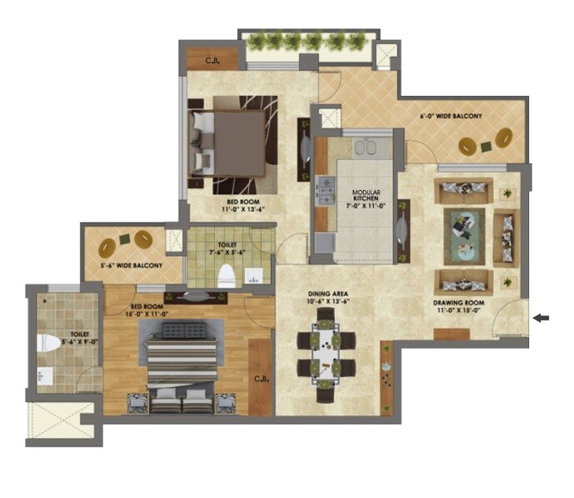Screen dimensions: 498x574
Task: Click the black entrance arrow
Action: (541, 317)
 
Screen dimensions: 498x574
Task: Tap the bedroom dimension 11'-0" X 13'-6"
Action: (244, 209)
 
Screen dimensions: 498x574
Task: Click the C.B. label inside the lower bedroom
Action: (260, 379)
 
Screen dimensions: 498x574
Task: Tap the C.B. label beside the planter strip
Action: (202, 60)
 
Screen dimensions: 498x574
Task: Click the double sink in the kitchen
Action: (365, 148)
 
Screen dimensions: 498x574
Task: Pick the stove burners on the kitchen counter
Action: (322, 191)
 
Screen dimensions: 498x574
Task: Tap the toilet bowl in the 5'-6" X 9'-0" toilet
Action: (48, 343)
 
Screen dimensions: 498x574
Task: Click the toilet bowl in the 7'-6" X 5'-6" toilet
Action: (226, 274)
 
